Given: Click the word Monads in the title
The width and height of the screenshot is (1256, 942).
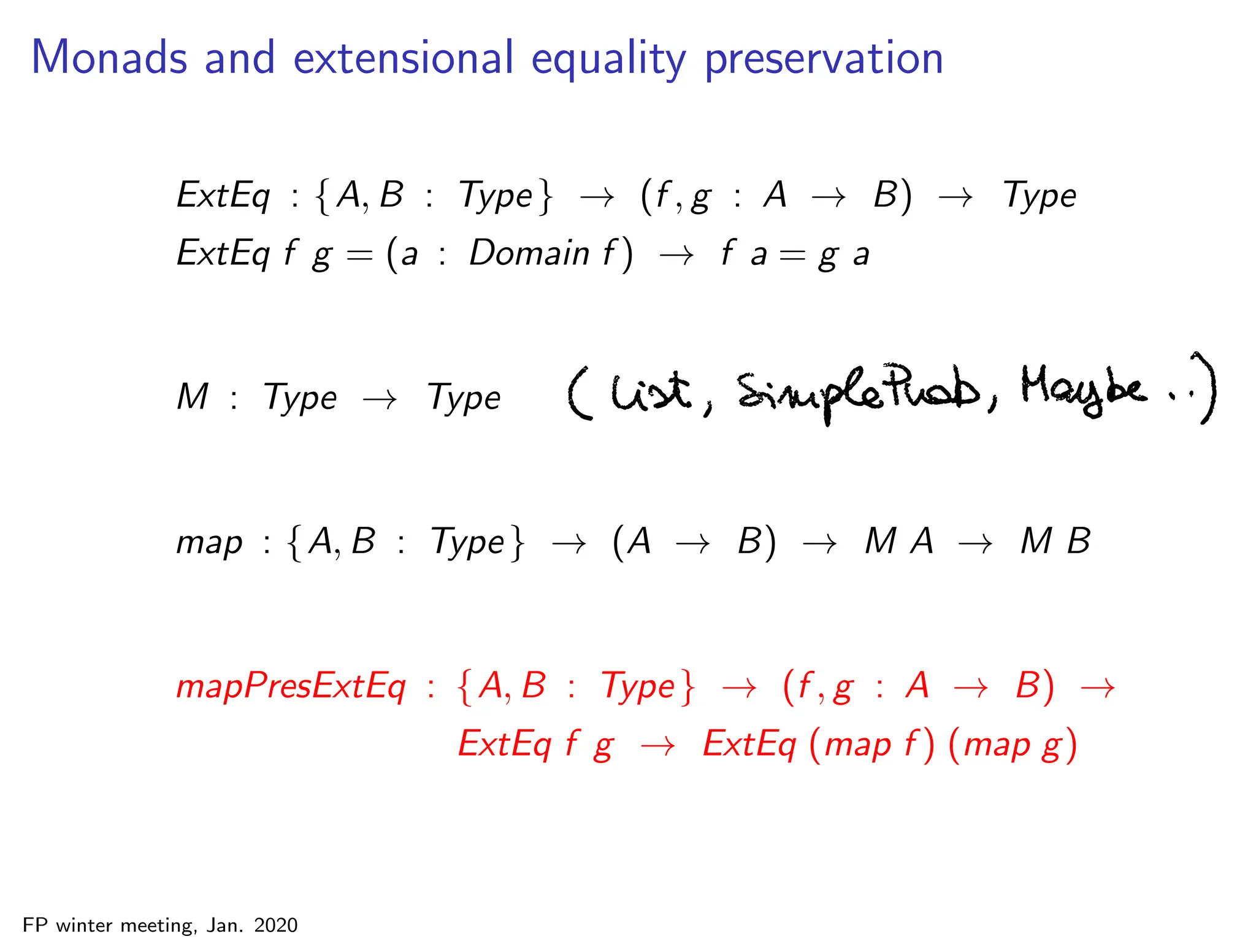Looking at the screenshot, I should coord(109,58).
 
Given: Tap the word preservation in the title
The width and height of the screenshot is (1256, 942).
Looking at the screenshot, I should coord(824,59).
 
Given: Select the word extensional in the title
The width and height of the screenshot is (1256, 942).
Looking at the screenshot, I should coord(403,58).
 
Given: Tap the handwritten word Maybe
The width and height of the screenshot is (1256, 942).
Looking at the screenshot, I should coord(1083,390).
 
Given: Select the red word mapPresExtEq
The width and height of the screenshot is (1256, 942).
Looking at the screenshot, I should coord(291,687).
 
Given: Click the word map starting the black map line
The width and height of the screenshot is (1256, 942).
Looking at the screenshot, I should coord(209,543).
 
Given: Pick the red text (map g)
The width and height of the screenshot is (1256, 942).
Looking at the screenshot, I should coord(1013,745).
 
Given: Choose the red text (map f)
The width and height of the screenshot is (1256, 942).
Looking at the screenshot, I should coord(871,745).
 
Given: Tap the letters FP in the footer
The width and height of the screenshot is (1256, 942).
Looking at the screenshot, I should coord(35,925).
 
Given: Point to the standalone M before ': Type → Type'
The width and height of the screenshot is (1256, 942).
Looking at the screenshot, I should coord(193,396).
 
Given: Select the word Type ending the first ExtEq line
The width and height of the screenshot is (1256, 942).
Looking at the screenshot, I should coord(1039,196).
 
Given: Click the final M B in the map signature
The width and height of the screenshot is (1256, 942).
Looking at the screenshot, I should coord(1055,542).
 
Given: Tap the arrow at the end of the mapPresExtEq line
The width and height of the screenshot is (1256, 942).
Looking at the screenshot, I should coord(1098,689).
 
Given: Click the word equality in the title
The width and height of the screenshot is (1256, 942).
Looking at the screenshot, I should coord(608,59).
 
